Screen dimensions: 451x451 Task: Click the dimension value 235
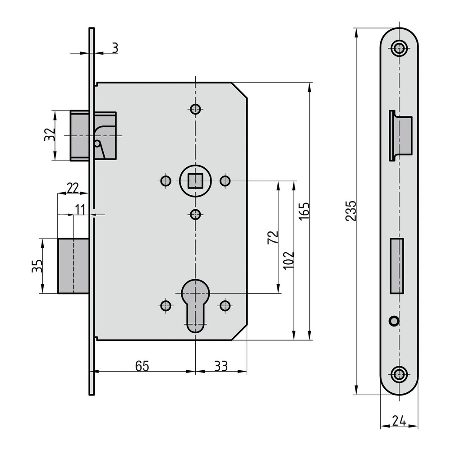tap(351, 211)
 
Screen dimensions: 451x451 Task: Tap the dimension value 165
tap(304, 211)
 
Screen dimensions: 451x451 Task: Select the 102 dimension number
tap(289, 260)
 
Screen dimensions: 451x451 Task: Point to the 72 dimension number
tap(273, 237)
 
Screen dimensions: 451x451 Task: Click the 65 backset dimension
tap(143, 366)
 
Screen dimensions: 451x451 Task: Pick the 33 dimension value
tap(221, 366)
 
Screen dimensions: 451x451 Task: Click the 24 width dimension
tap(399, 421)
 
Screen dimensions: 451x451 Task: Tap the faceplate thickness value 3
tap(115, 48)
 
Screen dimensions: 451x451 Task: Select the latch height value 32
tap(50, 134)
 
